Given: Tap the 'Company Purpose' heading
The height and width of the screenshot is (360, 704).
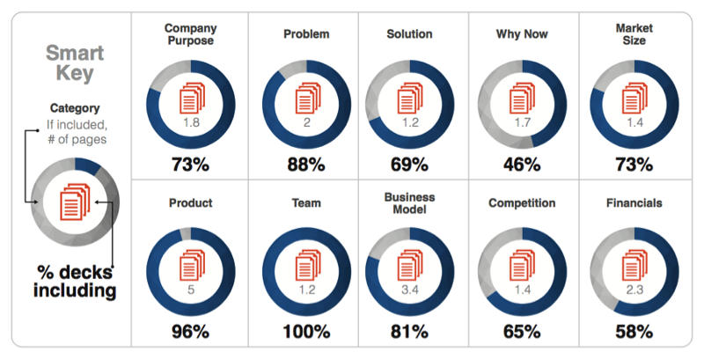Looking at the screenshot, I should click(x=190, y=34).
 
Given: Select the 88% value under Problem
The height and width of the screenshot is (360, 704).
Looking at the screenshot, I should click(x=307, y=164).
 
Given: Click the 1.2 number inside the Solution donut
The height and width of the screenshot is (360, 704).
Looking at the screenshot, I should click(x=409, y=123).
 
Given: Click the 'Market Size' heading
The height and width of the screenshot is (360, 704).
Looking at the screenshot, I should click(x=634, y=34).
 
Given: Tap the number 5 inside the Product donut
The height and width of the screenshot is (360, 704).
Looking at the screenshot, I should click(x=191, y=290).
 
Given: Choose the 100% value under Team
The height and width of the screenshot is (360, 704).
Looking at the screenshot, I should click(x=307, y=332).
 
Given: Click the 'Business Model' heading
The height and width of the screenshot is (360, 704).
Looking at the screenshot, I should click(x=409, y=203).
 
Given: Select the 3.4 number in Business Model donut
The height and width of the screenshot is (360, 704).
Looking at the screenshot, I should click(x=409, y=290).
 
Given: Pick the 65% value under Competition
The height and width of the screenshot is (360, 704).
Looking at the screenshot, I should click(x=522, y=332).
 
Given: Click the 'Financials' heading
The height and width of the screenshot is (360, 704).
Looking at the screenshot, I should click(x=634, y=203).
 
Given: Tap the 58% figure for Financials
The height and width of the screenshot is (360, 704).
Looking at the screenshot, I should click(x=634, y=332).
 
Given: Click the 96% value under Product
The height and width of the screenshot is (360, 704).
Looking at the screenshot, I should click(x=191, y=332).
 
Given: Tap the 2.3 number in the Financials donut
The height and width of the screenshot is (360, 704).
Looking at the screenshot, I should click(x=634, y=290).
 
